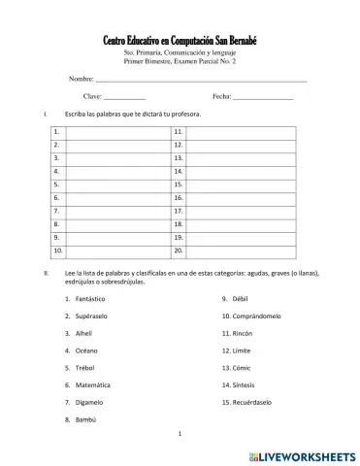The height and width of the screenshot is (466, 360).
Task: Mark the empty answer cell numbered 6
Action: (116, 196)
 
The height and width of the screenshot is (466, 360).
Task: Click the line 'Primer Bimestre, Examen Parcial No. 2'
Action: (180, 61)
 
